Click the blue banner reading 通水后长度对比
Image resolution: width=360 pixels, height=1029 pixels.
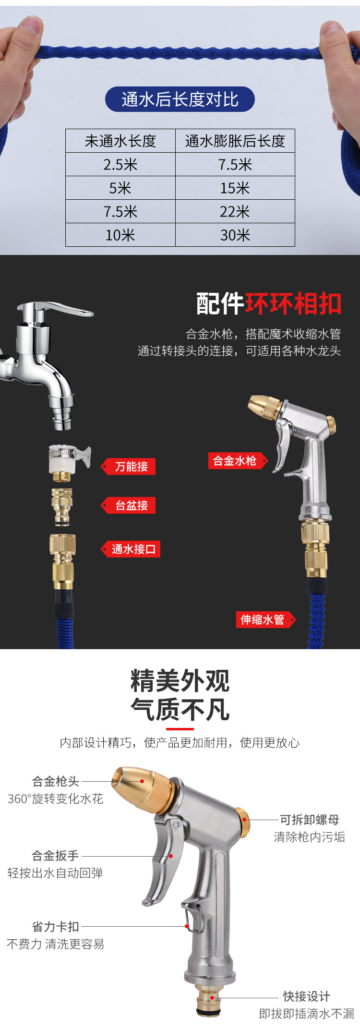pyautogui.click(x=180, y=99)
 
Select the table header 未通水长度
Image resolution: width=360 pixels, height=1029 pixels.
pyautogui.click(x=120, y=141)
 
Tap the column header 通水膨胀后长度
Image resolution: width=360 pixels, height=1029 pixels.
pyautogui.click(x=235, y=141)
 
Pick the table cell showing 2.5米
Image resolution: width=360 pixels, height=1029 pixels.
pyautogui.click(x=120, y=165)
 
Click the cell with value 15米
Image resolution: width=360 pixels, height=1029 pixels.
pyautogui.click(x=235, y=188)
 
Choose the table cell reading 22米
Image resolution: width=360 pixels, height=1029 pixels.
pyautogui.click(x=235, y=212)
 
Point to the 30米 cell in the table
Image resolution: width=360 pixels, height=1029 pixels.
pyautogui.click(x=235, y=235)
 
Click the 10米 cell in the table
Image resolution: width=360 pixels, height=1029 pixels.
pyautogui.click(x=120, y=235)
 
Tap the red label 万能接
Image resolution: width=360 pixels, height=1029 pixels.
pyautogui.click(x=131, y=467)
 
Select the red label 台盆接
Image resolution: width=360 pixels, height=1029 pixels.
pyautogui.click(x=131, y=506)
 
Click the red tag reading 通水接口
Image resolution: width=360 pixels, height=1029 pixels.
pyautogui.click(x=133, y=549)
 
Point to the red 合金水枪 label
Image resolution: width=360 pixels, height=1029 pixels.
pyautogui.click(x=235, y=461)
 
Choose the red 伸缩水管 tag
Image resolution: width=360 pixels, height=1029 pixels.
pyautogui.click(x=263, y=620)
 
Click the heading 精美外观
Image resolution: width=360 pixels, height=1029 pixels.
pyautogui.click(x=180, y=681)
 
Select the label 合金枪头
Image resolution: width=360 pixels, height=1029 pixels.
pyautogui.click(x=56, y=782)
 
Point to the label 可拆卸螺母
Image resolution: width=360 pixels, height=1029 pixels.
pyautogui.click(x=310, y=820)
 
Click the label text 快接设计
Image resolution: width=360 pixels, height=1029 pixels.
pyautogui.click(x=306, y=996)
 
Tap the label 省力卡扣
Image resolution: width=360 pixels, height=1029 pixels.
pyautogui.click(x=56, y=927)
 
